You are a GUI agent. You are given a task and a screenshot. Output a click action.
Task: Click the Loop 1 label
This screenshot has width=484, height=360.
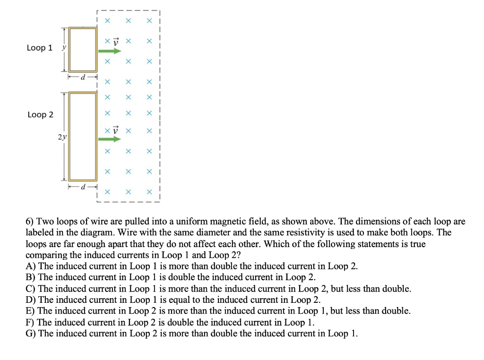tap(40, 48)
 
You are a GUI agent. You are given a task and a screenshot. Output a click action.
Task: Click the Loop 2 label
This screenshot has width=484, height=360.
tap(40, 115)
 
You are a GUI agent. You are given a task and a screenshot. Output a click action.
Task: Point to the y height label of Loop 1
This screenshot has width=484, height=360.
tap(63, 48)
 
